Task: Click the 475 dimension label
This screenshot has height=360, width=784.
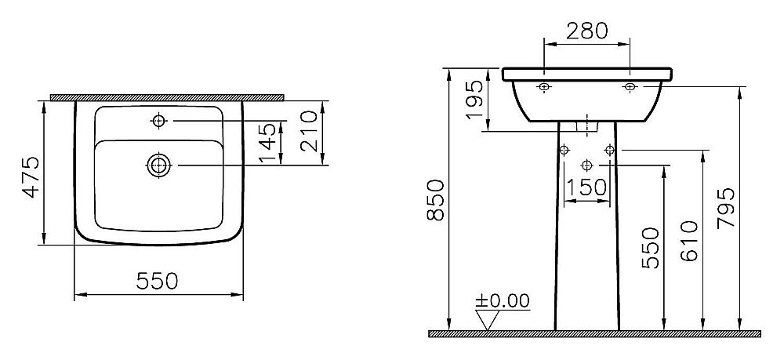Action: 32,177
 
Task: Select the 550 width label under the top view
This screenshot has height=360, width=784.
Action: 157,281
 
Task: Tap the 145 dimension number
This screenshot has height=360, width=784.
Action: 267,143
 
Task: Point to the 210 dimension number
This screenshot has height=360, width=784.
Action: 309,131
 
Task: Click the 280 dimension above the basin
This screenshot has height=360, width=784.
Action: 587,31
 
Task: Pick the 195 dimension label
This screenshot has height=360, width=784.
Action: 474,100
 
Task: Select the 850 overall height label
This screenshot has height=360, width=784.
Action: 435,201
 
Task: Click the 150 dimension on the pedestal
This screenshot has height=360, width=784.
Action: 586,187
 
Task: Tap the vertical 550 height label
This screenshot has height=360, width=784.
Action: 650,248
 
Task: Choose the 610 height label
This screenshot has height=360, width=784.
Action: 689,241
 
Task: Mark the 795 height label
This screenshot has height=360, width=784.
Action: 726,208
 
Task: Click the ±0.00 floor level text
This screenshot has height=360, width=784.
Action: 502,300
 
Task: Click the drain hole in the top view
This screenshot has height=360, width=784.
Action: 159,165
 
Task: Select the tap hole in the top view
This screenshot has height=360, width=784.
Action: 159,121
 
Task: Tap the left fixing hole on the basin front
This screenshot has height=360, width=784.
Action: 545,87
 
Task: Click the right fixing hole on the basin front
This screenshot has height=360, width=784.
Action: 630,87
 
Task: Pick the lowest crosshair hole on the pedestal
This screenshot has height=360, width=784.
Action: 587,165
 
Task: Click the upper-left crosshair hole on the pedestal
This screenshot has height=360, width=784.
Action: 564,150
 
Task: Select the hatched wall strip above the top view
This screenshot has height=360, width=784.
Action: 168,97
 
